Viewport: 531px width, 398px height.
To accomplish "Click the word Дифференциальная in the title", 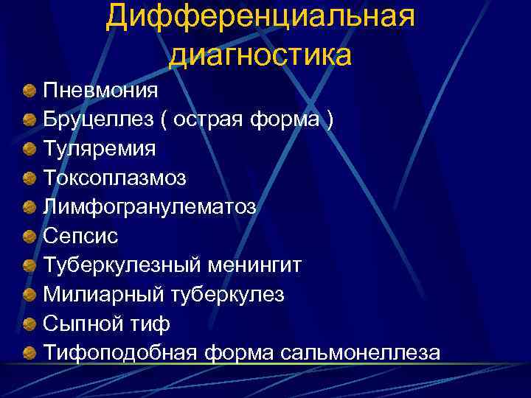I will click(x=260, y=17).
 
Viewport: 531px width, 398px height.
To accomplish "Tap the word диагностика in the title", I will click(x=260, y=55).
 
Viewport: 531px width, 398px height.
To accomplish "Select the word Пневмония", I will click(x=100, y=91).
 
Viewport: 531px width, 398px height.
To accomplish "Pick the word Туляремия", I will click(x=100, y=149).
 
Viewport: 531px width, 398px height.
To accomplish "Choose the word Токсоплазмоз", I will click(x=115, y=178).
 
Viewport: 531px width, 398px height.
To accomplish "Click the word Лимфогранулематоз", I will click(x=150, y=207).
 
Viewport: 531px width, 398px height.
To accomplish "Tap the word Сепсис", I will click(x=80, y=236).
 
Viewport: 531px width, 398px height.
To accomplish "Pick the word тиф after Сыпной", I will click(x=149, y=324).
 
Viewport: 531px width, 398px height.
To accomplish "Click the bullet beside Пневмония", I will click(x=28, y=91).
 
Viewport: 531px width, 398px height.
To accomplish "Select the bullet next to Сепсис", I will click(x=28, y=237).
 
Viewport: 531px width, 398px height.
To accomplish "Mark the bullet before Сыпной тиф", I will click(x=28, y=324).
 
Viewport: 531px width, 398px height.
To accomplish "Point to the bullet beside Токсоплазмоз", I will click(x=28, y=178).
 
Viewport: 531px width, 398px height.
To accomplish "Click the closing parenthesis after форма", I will click(x=329, y=120).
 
